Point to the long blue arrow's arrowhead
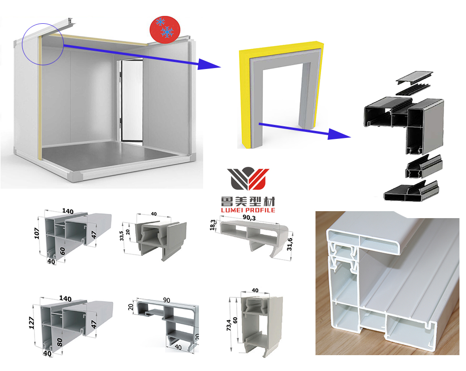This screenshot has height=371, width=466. [x=207, y=64]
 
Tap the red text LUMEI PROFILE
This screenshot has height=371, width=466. [x=248, y=210]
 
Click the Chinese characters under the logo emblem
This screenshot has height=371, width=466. [x=248, y=201]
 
